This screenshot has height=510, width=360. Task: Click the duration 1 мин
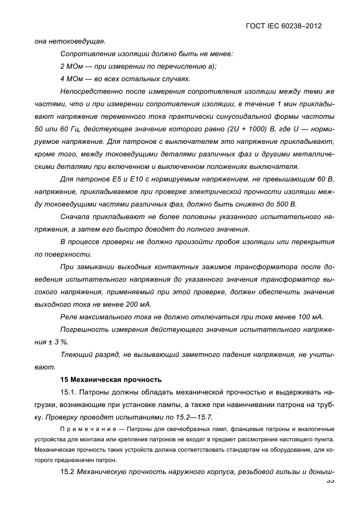coord(283,104)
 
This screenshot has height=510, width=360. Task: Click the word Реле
coord(70,317)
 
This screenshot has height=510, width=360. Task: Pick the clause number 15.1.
coord(69,392)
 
